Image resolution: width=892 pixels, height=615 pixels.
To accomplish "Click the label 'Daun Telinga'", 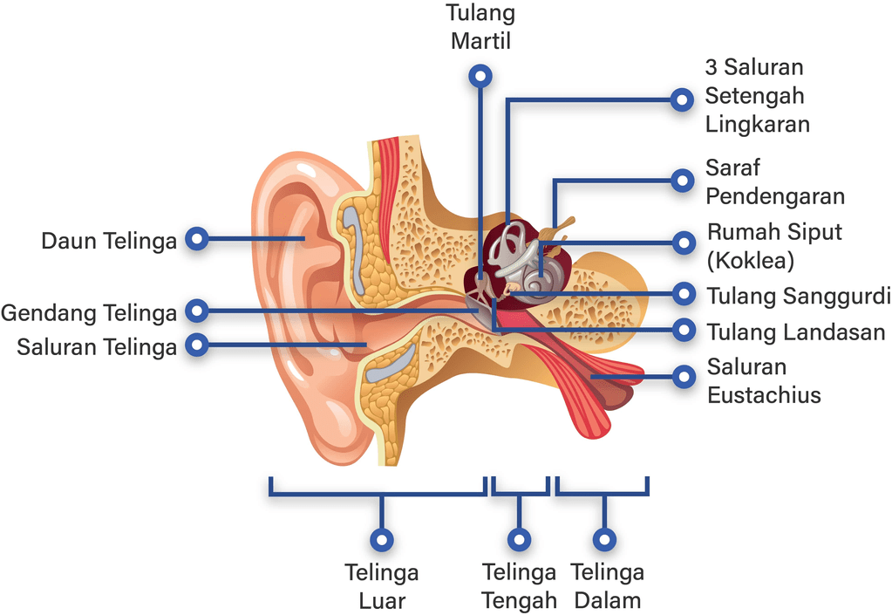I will pos(109,240).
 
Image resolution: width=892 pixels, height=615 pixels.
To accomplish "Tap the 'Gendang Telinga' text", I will pos(89,311).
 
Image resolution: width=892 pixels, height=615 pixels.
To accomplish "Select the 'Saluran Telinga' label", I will pos(97,346).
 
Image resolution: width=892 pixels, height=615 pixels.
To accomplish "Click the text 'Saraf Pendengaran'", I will pos(774,181).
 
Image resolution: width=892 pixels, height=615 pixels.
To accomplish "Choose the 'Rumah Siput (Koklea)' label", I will pos(774,247).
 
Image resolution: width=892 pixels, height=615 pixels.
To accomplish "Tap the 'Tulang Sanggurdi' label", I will pos(798,296).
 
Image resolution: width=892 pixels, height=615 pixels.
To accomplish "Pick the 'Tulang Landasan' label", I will pos(795,331).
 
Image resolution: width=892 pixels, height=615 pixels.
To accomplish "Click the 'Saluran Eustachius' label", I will pos(763,380).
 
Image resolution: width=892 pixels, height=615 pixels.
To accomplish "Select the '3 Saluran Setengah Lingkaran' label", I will pos(757,96).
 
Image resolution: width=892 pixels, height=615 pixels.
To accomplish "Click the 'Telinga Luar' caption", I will pos(381,586).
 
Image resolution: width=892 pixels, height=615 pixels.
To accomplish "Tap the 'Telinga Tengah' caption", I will pos(520,586).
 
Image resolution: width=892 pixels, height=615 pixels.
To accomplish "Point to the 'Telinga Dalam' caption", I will pos(607,586).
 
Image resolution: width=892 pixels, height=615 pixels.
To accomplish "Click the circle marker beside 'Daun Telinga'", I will pos(198,238).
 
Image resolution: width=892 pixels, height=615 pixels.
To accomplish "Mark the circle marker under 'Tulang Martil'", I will pos(480,76).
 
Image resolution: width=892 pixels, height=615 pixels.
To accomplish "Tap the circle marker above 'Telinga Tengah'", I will pos(520,540).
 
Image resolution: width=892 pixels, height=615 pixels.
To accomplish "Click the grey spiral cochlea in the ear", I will pos(531,279).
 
